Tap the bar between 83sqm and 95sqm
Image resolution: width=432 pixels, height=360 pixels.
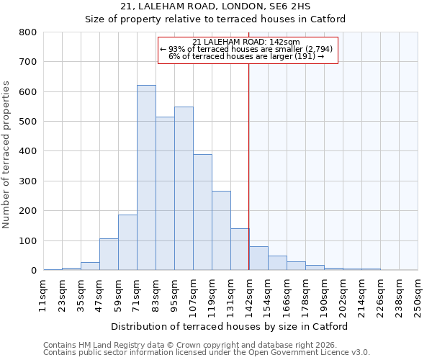pyautogui.click(x=165, y=194)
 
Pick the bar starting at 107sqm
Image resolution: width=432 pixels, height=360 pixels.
pyautogui.click(x=202, y=212)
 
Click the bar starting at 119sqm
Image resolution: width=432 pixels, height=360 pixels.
pyautogui.click(x=221, y=230)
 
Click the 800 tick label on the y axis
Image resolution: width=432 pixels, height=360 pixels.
pyautogui.click(x=27, y=32)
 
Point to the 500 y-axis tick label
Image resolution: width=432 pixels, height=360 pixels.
pyautogui.click(x=27, y=122)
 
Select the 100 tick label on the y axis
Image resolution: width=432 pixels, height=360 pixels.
pyautogui.click(x=27, y=241)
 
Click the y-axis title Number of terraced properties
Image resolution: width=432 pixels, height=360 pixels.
pyautogui.click(x=7, y=154)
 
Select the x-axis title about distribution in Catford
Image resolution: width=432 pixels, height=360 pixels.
pyautogui.click(x=230, y=326)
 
